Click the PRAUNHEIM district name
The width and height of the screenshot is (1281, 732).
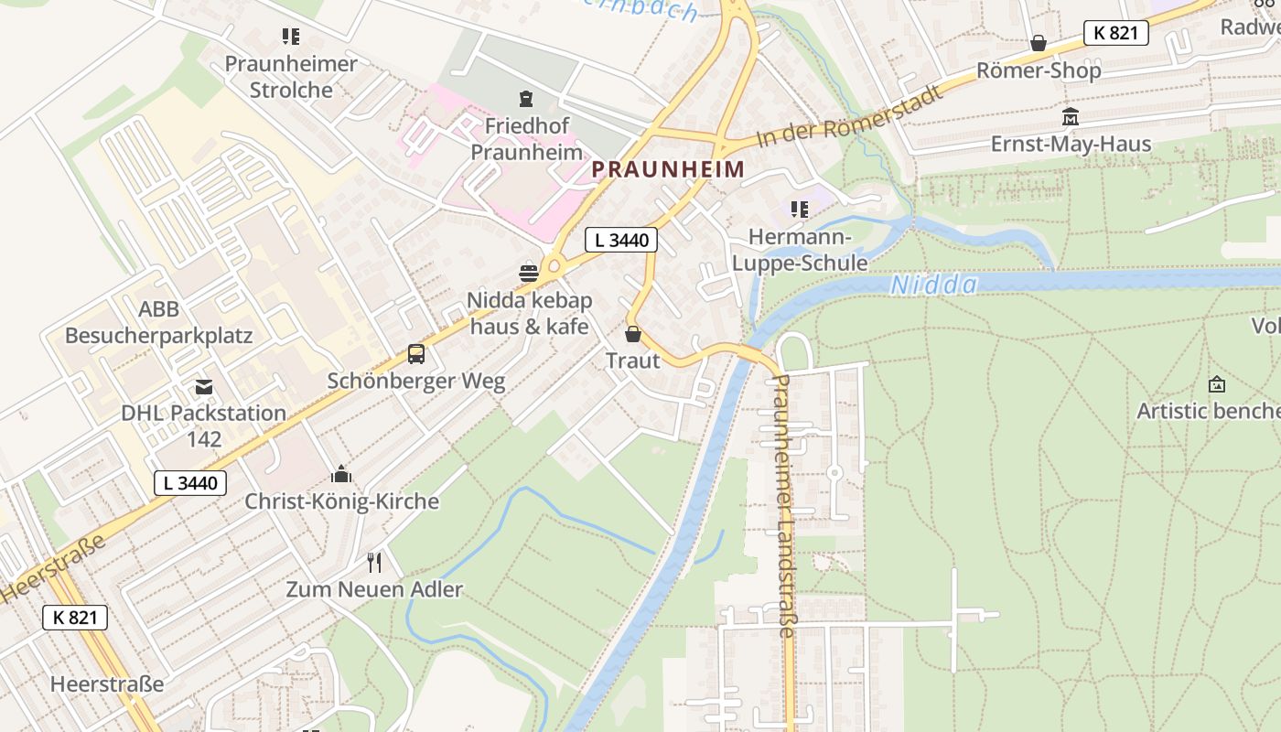click(x=667, y=169)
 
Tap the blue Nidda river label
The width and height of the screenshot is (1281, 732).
click(x=933, y=285)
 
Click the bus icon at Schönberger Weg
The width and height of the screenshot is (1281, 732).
click(x=416, y=354)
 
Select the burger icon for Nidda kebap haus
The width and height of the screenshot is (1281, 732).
click(x=529, y=273)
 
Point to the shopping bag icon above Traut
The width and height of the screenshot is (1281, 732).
click(x=632, y=334)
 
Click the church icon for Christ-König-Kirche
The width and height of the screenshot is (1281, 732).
click(x=341, y=474)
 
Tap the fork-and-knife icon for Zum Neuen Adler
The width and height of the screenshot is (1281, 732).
click(x=373, y=562)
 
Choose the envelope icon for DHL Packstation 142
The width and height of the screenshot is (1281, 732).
click(x=203, y=387)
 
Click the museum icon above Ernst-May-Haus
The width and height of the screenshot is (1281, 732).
click(x=1070, y=117)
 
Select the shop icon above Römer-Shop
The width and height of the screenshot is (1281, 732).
click(x=1039, y=43)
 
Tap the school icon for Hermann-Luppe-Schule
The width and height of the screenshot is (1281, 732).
click(x=800, y=210)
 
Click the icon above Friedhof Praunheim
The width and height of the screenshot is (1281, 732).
click(x=526, y=98)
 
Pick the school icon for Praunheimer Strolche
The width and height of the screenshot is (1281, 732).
click(x=290, y=37)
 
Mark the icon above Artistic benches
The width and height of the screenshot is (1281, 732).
click(x=1216, y=384)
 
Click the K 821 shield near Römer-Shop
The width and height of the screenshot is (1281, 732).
click(x=1115, y=33)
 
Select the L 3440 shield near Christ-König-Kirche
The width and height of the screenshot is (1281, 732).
click(x=189, y=482)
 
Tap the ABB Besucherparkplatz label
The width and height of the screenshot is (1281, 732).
click(x=158, y=322)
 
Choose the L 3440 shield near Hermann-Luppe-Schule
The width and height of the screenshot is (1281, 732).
click(x=621, y=241)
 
